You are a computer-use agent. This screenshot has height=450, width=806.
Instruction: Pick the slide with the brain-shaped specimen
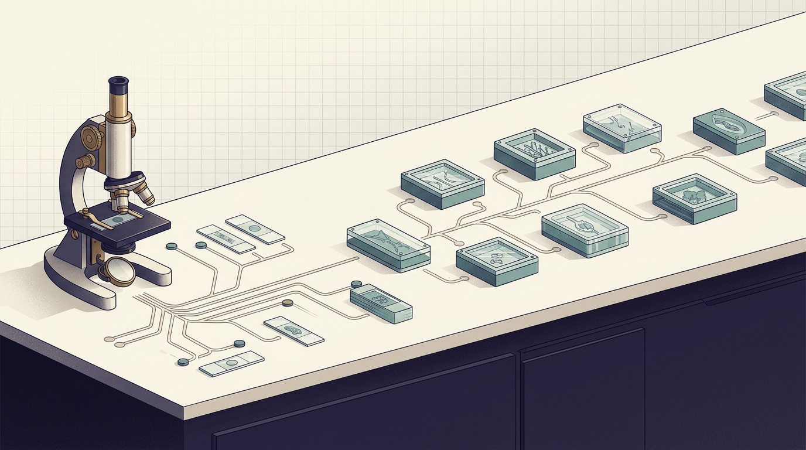click(293, 332)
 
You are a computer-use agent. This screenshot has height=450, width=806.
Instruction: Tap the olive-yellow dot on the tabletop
click(287, 303)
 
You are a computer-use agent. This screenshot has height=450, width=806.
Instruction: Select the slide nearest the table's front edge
click(231, 363)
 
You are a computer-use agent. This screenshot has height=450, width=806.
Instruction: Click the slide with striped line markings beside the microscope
click(226, 239)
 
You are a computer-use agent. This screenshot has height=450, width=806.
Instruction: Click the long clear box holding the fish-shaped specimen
click(388, 246)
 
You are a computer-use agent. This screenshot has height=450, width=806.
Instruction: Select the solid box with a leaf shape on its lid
click(729, 131)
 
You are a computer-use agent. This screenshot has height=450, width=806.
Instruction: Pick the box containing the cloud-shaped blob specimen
click(694, 197)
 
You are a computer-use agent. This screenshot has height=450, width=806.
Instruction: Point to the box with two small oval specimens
click(497, 260)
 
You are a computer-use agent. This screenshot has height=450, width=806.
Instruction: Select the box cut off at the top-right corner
click(787, 95)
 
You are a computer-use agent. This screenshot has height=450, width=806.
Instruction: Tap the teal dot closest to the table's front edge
click(183, 362)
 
